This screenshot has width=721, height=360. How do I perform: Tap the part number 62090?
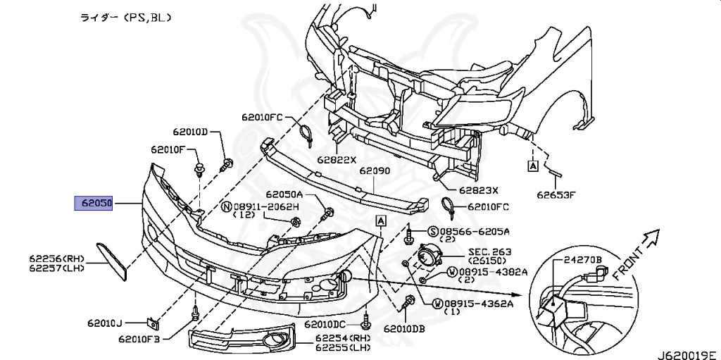pos(374,170)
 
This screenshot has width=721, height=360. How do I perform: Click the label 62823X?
pos(478,190)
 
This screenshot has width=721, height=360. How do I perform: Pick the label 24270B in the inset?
pos(582,260)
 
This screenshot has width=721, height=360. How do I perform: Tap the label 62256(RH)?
pos(56,259)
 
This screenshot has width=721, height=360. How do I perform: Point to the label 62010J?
pos(105,323)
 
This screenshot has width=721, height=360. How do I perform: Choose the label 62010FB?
pos(139,340)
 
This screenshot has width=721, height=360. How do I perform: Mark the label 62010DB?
pos(404,328)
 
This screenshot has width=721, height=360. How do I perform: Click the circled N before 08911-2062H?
pos(226,206)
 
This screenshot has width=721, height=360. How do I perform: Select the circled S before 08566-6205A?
pos(434,231)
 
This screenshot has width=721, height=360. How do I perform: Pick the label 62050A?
pos(284,194)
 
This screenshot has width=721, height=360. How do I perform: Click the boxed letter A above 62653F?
pos(532,166)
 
